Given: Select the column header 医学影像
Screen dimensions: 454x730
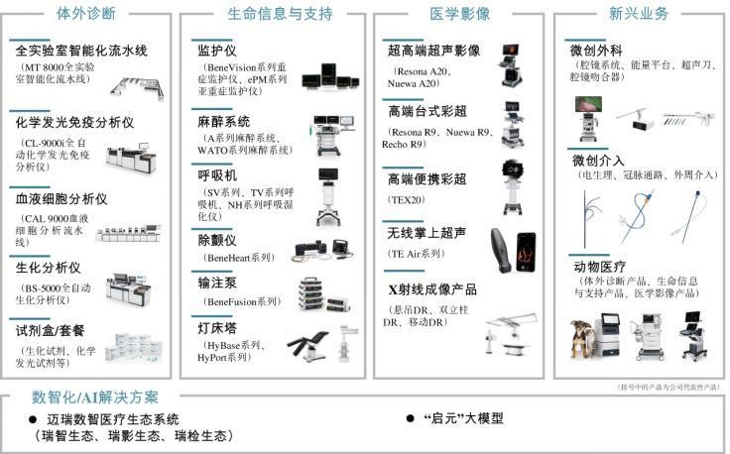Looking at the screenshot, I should point(459,14).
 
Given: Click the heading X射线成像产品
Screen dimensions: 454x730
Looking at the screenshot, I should point(432,289).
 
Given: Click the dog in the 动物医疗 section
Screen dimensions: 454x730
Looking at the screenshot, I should point(584,339).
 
